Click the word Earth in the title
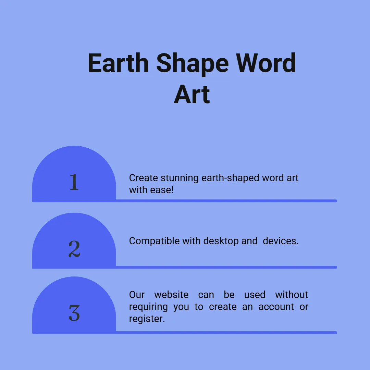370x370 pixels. (118, 63)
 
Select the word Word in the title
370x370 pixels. (266, 63)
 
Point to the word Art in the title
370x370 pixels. (192, 95)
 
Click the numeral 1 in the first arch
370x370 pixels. (74, 182)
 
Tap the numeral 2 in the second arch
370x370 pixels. (74, 249)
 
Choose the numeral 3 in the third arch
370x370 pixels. (74, 313)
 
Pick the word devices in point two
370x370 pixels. (280, 241)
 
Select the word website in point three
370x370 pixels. (171, 295)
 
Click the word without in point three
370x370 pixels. (292, 295)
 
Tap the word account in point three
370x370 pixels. (276, 307)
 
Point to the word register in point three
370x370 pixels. (146, 319)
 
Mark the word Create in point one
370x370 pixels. (144, 178)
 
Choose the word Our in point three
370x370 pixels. (137, 295)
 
